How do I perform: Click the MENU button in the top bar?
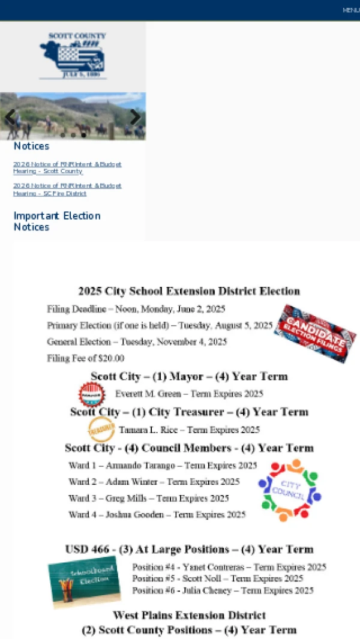coord(350,10)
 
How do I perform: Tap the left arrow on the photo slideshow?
coord(10,117)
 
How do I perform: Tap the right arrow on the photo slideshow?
coord(136,117)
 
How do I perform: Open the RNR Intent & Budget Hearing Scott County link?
coord(67,167)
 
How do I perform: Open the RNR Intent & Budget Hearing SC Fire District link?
coord(67,190)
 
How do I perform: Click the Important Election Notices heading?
coord(57,221)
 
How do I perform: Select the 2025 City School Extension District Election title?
coord(189,291)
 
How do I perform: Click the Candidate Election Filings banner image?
coord(314,333)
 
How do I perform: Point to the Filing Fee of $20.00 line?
coord(86,358)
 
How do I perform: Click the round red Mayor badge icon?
coord(92,395)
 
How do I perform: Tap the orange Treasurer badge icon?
coord(101,429)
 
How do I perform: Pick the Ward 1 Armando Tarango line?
coord(162,466)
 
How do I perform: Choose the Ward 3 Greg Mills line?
coord(148,498)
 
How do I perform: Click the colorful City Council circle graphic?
coord(290,490)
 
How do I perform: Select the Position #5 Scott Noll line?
coord(217,579)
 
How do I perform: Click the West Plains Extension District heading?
coord(189,615)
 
